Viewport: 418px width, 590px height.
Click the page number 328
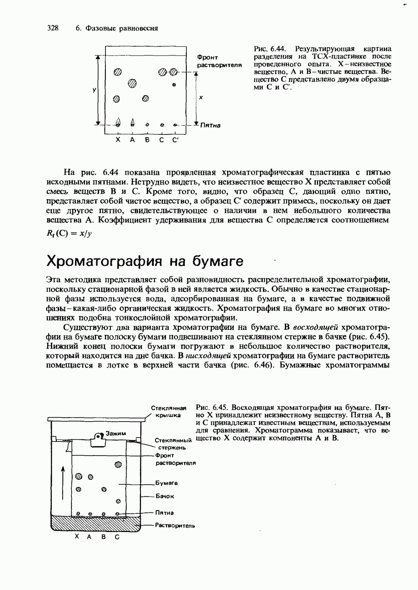[x=53, y=28]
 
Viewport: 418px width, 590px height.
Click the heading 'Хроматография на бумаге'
[x=145, y=261]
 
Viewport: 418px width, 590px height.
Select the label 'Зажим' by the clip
[x=117, y=433]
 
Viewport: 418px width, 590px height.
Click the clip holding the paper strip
[x=99, y=439]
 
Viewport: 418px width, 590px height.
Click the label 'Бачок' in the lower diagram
[x=164, y=497]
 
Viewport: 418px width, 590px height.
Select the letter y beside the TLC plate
[x=94, y=90]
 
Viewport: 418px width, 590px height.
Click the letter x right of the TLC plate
[x=200, y=97]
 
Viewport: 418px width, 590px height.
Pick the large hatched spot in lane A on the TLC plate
[x=132, y=83]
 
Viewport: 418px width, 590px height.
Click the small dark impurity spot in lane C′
[x=174, y=85]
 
